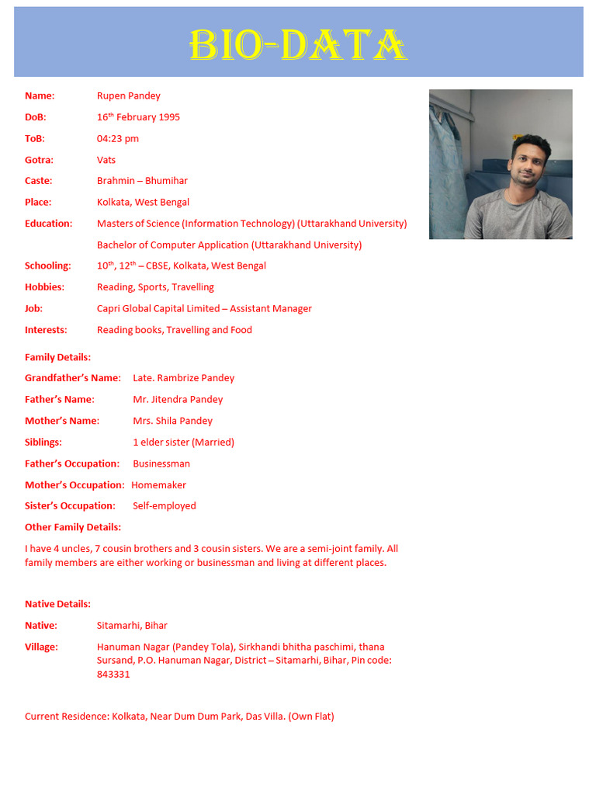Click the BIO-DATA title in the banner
point(299,46)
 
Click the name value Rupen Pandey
point(129,96)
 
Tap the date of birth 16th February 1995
point(138,117)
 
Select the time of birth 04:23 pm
point(118,138)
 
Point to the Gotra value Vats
point(106,160)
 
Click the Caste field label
point(39,181)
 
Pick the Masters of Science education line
point(251,224)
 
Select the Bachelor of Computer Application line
point(229,245)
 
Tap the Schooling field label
point(47,266)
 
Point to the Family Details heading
point(57,357)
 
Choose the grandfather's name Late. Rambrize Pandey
point(184,378)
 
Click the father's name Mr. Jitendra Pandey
point(178,399)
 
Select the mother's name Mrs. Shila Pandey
point(172,421)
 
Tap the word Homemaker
point(159,485)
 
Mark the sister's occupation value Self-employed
point(165,506)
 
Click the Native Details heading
point(57,604)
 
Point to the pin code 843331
point(113,675)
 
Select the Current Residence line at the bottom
point(179,717)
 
